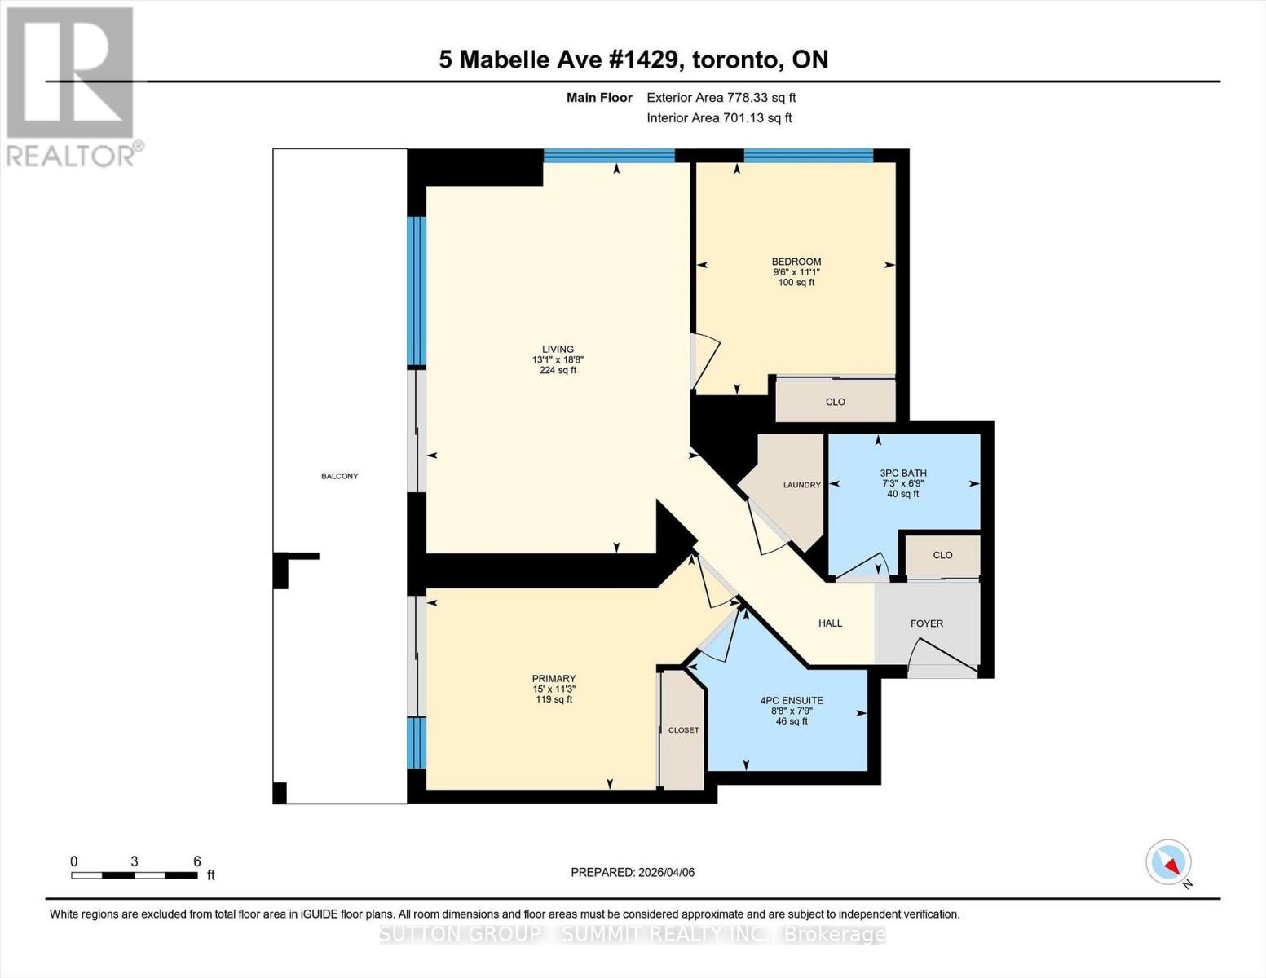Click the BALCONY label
coord(339,476)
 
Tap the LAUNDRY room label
coord(801,485)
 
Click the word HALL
coord(830,623)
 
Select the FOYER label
coord(926,623)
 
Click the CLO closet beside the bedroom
coord(835,402)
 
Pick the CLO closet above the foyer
coord(942,555)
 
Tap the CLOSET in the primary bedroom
coord(683,730)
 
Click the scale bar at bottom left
coord(135,875)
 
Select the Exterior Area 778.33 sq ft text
coord(721,98)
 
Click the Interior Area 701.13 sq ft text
coord(719,118)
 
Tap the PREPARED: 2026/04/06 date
coord(633,872)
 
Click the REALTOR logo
coord(72,86)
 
